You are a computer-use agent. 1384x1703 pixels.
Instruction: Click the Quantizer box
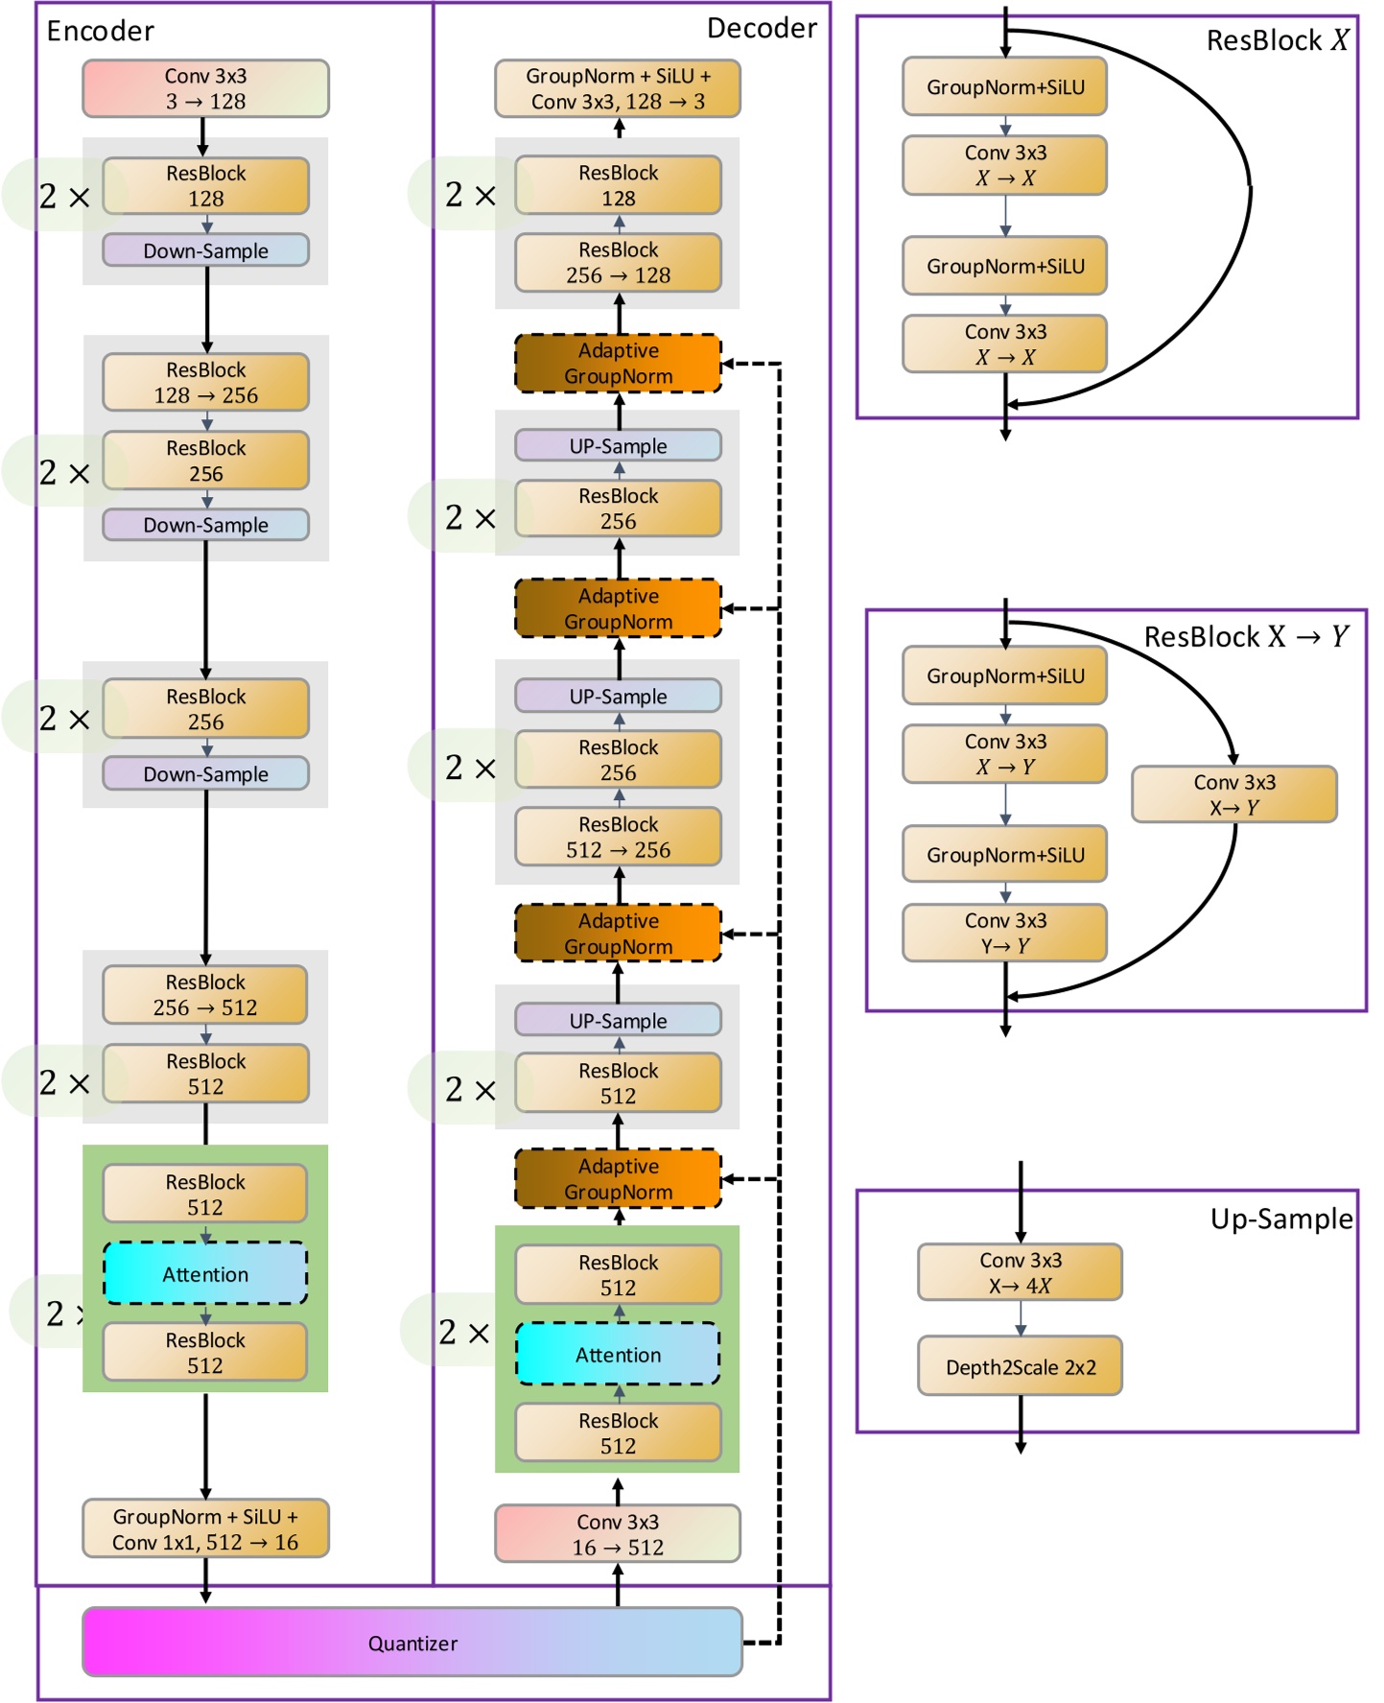tap(412, 1642)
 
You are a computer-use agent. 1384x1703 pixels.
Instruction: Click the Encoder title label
tap(100, 32)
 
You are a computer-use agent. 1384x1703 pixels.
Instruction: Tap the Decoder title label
tap(762, 29)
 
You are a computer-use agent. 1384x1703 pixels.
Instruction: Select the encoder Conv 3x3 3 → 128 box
tap(205, 88)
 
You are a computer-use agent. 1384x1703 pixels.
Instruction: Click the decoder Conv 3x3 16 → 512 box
tap(618, 1533)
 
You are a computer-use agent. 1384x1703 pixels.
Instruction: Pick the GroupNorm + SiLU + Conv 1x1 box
tap(205, 1528)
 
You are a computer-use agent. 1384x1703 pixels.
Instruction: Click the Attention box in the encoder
tap(205, 1273)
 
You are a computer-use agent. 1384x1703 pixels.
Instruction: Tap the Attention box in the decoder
tap(618, 1354)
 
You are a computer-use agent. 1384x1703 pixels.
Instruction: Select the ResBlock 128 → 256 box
tap(205, 382)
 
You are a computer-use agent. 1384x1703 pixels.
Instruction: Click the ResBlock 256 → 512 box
tap(205, 994)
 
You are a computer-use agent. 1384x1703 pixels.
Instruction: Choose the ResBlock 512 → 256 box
tap(618, 837)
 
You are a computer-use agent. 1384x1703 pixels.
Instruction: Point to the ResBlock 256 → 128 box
tap(618, 262)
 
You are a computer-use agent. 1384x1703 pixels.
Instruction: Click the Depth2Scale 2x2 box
tap(1020, 1365)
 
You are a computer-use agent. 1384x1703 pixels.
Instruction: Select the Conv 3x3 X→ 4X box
tap(1020, 1272)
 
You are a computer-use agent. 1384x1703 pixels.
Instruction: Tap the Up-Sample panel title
tap(1280, 1218)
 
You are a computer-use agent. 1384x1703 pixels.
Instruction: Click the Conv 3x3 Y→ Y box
tap(1004, 933)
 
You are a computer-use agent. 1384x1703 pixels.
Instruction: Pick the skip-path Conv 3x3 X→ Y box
tap(1233, 794)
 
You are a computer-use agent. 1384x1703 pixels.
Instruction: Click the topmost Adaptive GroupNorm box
tap(618, 364)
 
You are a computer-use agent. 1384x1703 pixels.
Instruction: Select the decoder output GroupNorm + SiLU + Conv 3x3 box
tap(618, 88)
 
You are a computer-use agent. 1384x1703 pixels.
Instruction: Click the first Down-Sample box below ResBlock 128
tap(205, 250)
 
